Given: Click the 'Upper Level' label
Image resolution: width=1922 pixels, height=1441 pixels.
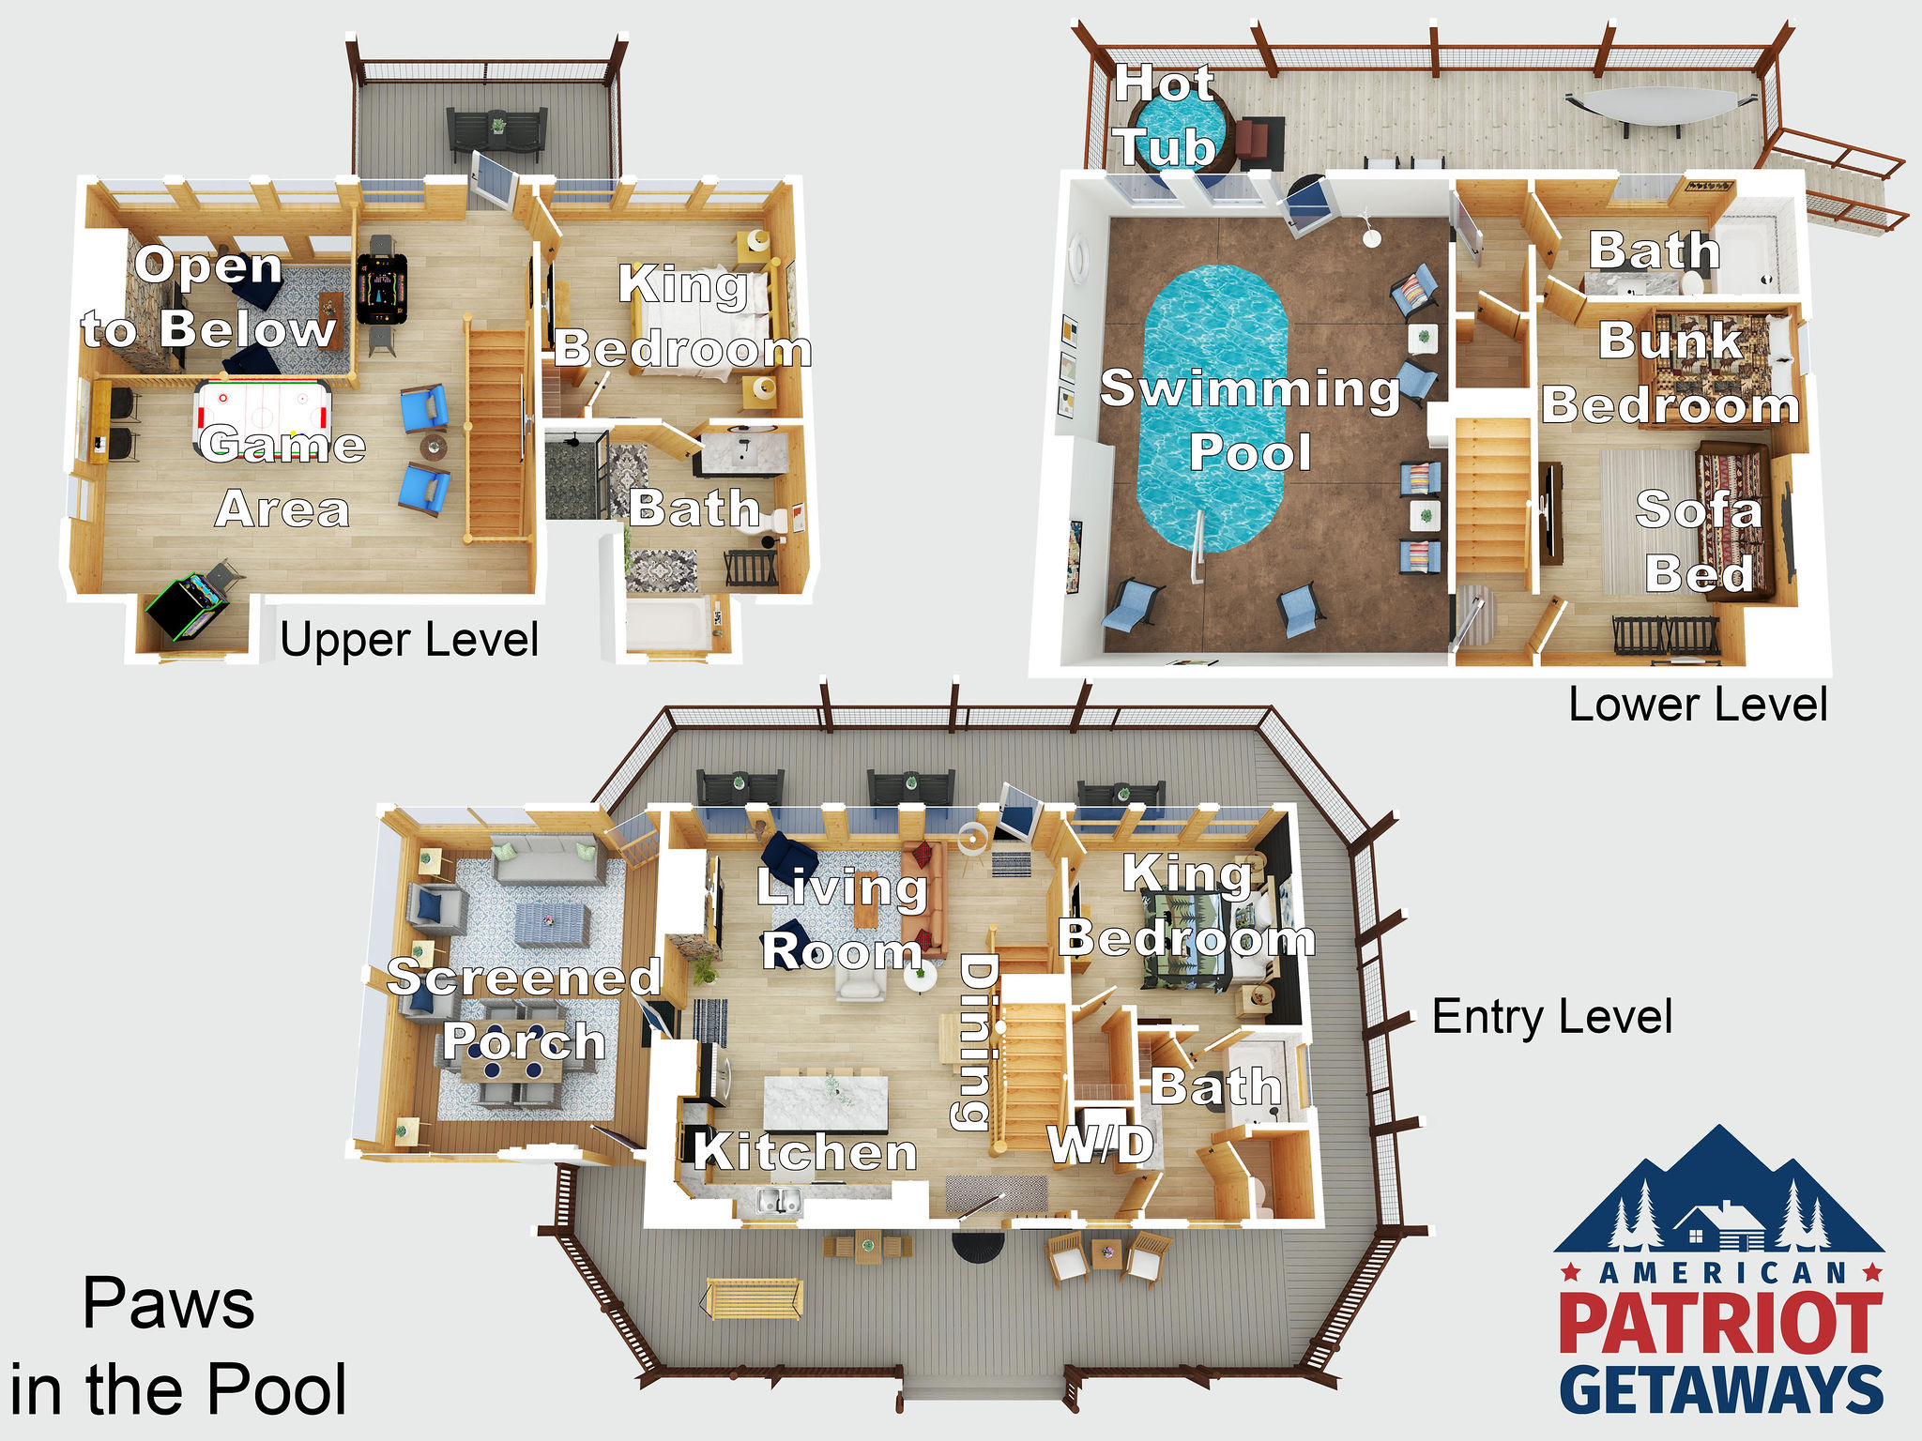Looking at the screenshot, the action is [x=409, y=641].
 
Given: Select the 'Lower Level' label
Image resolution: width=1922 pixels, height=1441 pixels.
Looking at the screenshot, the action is [x=1698, y=705].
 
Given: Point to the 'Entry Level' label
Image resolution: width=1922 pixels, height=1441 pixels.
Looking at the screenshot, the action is [x=1552, y=1017].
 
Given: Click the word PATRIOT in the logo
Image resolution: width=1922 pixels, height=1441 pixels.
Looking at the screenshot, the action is [x=1721, y=1323].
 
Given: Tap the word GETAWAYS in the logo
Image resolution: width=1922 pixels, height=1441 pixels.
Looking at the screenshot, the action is [x=1721, y=1389].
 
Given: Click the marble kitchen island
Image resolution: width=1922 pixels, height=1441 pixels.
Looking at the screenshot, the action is [x=826, y=1102].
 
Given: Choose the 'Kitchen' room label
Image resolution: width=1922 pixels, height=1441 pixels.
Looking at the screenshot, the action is [x=805, y=1151].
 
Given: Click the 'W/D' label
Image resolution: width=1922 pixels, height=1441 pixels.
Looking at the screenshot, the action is [x=1101, y=1144].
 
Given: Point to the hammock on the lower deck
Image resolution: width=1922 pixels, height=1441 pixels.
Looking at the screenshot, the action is [x=1649, y=104].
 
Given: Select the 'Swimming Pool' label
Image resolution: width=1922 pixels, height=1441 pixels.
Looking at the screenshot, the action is [x=1250, y=419].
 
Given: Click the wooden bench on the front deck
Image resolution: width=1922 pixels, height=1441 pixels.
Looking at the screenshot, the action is [x=752, y=1298].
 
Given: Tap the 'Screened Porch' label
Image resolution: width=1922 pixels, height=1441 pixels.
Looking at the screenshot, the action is [x=524, y=1009].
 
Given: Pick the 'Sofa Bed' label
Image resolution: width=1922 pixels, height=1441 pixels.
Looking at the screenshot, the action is [x=1699, y=541].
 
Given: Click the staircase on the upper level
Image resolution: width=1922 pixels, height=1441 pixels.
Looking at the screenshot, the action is [x=496, y=432].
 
